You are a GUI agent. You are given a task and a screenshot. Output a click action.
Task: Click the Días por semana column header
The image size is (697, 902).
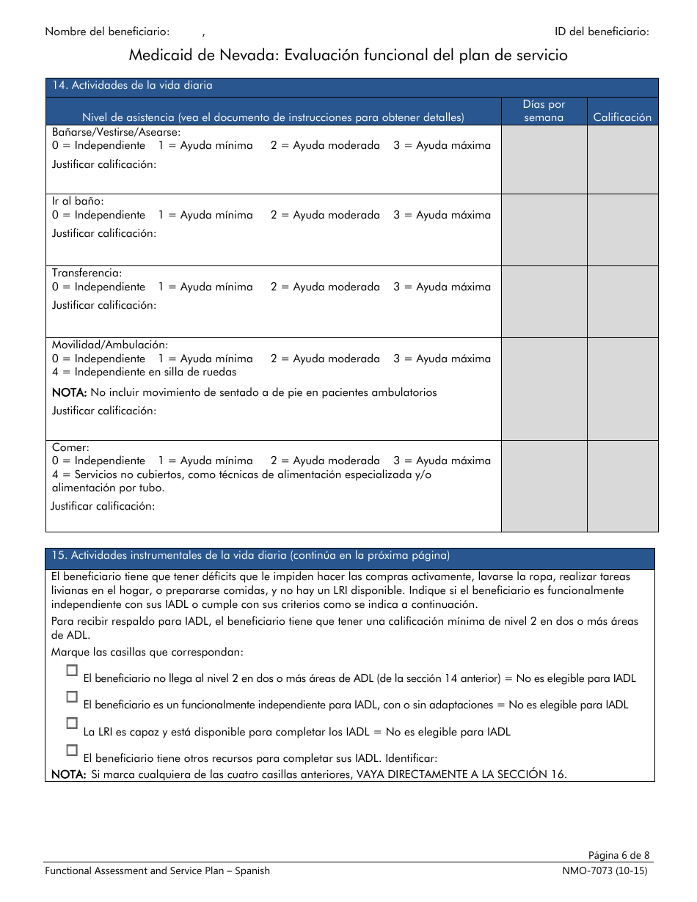pos(544,111)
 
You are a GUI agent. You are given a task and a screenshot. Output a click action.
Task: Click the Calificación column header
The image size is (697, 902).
pos(622,117)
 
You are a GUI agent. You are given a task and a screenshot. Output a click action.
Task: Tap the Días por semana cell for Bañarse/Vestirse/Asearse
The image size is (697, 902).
pos(544,159)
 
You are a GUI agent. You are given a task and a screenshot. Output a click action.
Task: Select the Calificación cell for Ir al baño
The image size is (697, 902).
pos(622,230)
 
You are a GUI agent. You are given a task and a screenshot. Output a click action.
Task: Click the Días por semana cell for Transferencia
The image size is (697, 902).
pos(544,301)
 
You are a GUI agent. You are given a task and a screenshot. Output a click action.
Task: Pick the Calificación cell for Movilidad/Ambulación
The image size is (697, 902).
pos(622,389)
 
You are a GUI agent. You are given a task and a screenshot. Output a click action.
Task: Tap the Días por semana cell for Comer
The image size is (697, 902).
pos(544,485)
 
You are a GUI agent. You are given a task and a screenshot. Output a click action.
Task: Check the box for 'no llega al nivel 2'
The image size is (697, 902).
pos(72,670)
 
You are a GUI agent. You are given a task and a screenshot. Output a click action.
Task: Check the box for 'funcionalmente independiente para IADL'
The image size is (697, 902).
pos(72,697)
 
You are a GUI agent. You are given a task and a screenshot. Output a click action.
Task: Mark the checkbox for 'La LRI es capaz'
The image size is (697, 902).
pos(72,723)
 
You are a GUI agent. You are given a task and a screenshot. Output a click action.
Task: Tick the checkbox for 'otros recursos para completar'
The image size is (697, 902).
pos(72,750)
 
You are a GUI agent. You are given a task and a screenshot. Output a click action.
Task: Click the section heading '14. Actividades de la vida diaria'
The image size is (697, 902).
pos(132,86)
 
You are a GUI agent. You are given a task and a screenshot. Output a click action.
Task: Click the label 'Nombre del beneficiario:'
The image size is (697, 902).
pos(107,32)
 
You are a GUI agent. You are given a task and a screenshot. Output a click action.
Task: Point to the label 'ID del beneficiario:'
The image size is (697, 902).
pos(602,32)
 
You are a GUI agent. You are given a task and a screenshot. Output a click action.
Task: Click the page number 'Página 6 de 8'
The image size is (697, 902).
pos(618,855)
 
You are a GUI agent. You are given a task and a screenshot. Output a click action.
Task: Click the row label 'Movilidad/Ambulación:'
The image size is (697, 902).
pos(110,345)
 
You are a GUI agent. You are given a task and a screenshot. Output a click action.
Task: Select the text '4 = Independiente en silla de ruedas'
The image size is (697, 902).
pos(144,373)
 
